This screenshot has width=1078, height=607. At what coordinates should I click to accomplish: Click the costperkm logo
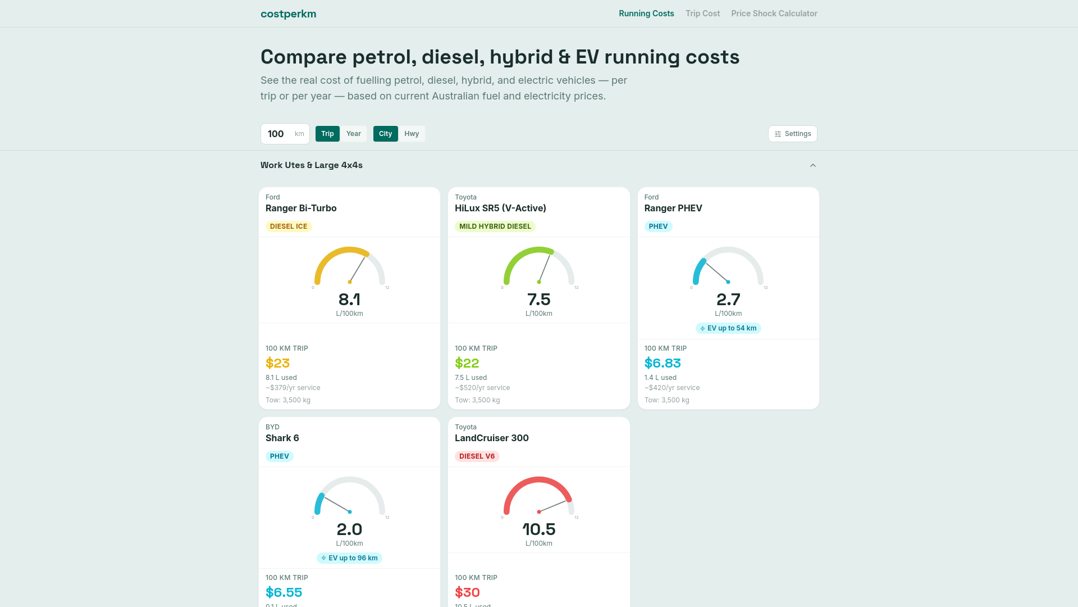click(x=288, y=14)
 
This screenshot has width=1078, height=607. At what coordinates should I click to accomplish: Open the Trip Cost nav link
click(x=702, y=13)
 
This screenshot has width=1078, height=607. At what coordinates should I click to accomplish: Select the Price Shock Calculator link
click(x=774, y=13)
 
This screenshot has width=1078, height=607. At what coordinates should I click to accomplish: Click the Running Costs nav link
click(x=646, y=13)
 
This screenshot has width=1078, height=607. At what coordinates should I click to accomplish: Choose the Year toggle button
click(x=353, y=134)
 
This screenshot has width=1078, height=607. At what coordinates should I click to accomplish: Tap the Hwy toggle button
click(x=412, y=134)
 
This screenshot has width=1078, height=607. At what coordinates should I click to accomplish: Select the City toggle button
click(x=385, y=134)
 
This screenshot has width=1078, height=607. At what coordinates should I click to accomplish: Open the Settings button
click(x=792, y=134)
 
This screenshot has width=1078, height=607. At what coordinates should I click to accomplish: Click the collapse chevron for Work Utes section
click(x=812, y=165)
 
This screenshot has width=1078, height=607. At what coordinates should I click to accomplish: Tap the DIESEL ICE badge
click(x=289, y=227)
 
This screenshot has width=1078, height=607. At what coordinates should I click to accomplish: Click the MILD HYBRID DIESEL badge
click(x=495, y=227)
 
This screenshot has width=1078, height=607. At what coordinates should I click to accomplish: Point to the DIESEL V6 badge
click(x=477, y=456)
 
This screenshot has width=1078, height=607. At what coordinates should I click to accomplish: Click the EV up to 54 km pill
click(x=728, y=328)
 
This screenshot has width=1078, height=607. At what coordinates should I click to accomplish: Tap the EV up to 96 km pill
click(x=349, y=558)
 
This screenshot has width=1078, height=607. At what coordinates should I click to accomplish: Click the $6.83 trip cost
click(x=663, y=363)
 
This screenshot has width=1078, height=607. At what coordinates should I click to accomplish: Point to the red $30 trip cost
click(x=467, y=592)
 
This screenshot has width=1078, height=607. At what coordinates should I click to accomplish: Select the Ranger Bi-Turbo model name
click(x=301, y=208)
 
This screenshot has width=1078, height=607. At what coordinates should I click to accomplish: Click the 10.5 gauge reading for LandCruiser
click(x=538, y=529)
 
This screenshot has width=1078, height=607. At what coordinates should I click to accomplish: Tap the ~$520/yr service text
click(x=482, y=388)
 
